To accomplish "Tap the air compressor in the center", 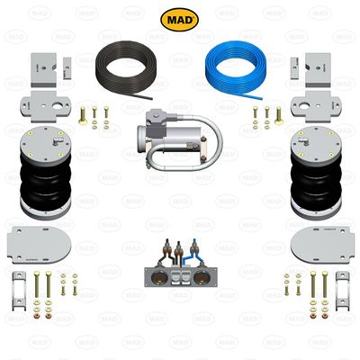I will [171, 139].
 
